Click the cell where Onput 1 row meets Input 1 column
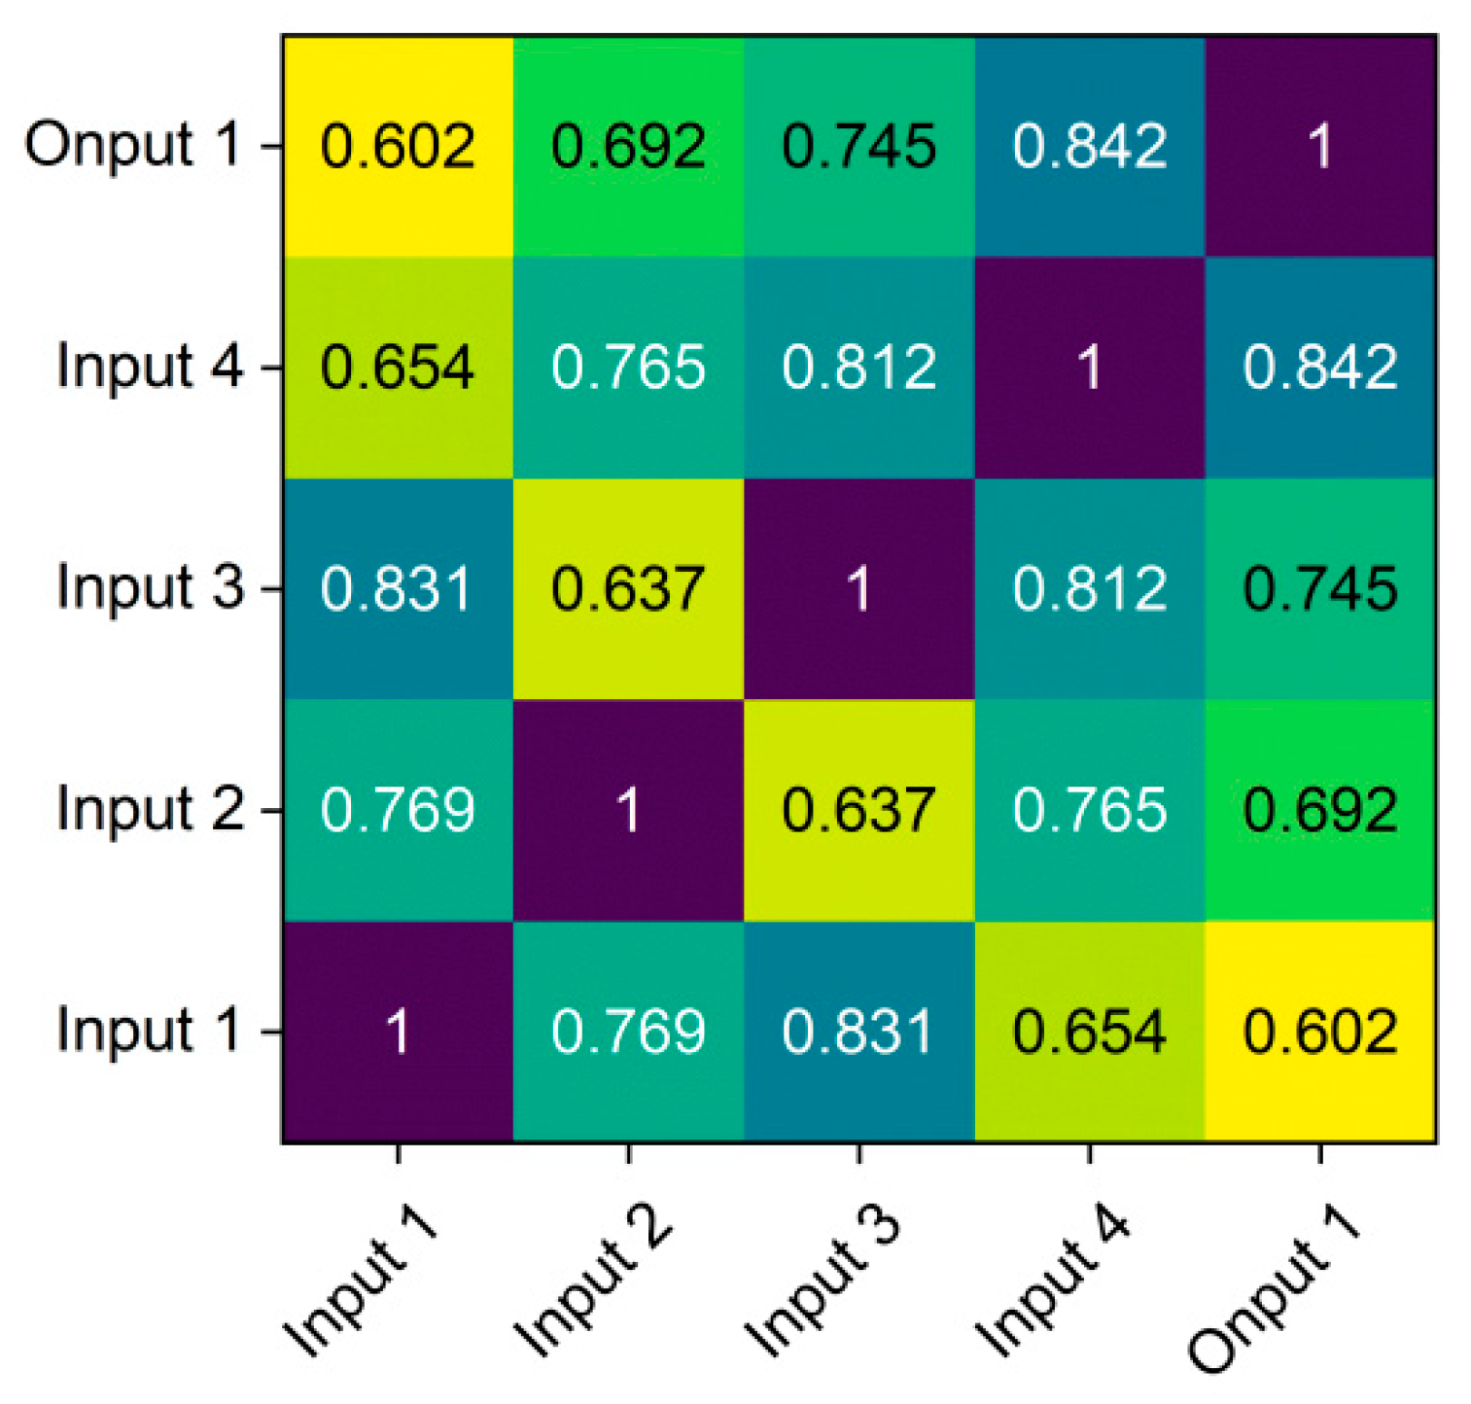tap(398, 146)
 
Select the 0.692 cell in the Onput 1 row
tap(628, 146)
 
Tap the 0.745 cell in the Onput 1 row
tap(859, 146)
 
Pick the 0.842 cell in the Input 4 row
tap(1320, 368)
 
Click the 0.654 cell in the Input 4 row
tap(398, 368)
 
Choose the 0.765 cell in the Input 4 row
tap(628, 368)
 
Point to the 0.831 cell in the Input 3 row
tap(398, 589)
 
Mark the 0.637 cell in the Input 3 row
tap(628, 589)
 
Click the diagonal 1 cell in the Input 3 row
tap(859, 589)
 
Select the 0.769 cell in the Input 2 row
tap(398, 810)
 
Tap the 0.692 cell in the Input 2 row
tap(1320, 810)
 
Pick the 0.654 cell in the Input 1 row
tap(1089, 1032)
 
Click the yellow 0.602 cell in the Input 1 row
tap(1320, 1032)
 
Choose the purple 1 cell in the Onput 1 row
tap(1320, 146)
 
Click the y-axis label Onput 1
tap(133, 146)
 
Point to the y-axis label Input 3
tap(150, 589)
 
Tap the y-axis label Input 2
tap(150, 810)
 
